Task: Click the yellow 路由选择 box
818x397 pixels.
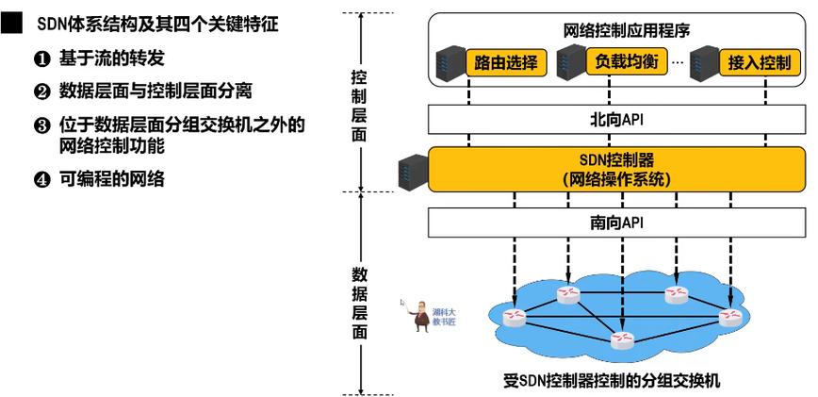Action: [x=507, y=63]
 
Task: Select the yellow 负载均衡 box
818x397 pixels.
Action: [x=626, y=62]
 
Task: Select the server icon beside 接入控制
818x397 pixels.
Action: [x=702, y=63]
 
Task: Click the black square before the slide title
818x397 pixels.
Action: [x=10, y=22]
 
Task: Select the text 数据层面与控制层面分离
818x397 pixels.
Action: [x=161, y=91]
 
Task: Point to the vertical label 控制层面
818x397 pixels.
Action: [x=358, y=106]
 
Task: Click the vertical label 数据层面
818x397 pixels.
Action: [x=359, y=302]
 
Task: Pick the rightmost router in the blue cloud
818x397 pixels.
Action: [x=728, y=316]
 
